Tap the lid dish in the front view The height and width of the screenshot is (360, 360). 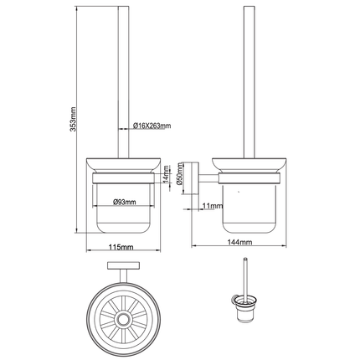pyautogui.click(x=122, y=165)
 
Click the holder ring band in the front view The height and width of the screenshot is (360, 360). pyautogui.click(x=122, y=179)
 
